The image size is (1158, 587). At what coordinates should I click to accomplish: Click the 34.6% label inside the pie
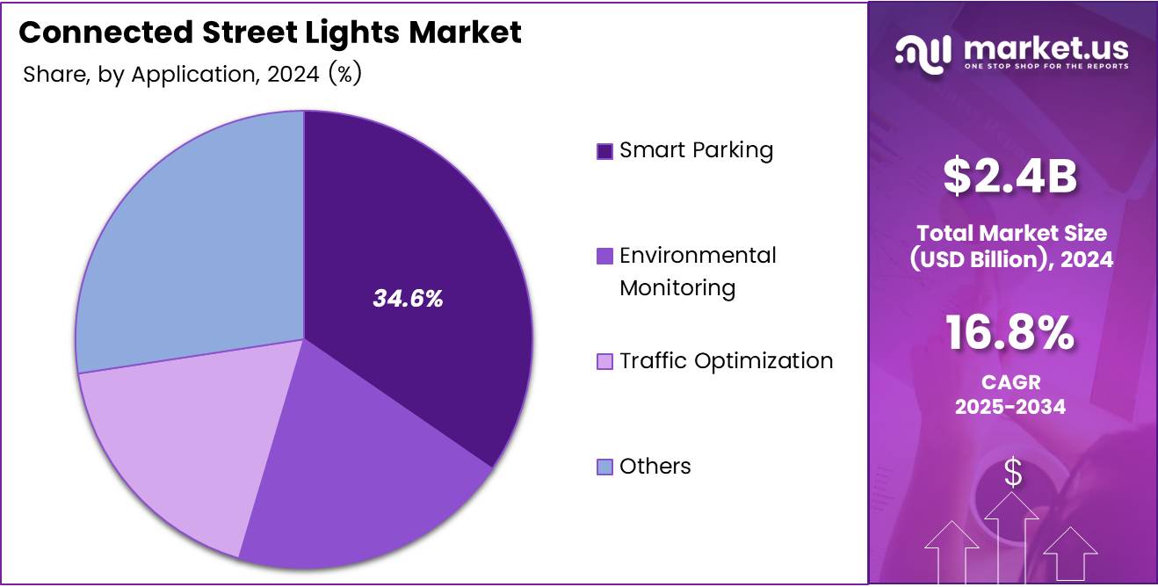pos(408,299)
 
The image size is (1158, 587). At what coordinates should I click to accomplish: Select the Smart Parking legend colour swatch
pos(604,151)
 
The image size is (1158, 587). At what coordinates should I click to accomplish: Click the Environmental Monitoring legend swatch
pos(604,257)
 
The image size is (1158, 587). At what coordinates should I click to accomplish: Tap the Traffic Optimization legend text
pos(726,361)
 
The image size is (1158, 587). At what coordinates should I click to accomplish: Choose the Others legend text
pos(655,467)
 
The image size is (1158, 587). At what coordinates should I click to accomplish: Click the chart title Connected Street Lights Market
pos(270,33)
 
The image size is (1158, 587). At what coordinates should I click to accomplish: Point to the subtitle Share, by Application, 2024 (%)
pos(192,75)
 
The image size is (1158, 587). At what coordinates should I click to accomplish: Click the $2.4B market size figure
pos(1010,176)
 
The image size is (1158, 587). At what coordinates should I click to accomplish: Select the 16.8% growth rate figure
pos(1010,334)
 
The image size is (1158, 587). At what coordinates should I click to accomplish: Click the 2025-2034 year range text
pos(1010,407)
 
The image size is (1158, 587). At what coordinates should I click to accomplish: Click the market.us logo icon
pos(923,53)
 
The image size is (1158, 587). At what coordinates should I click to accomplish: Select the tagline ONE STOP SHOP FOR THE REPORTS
pos(1046,66)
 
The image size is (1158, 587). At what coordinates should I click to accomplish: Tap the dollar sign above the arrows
pos(1013,474)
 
